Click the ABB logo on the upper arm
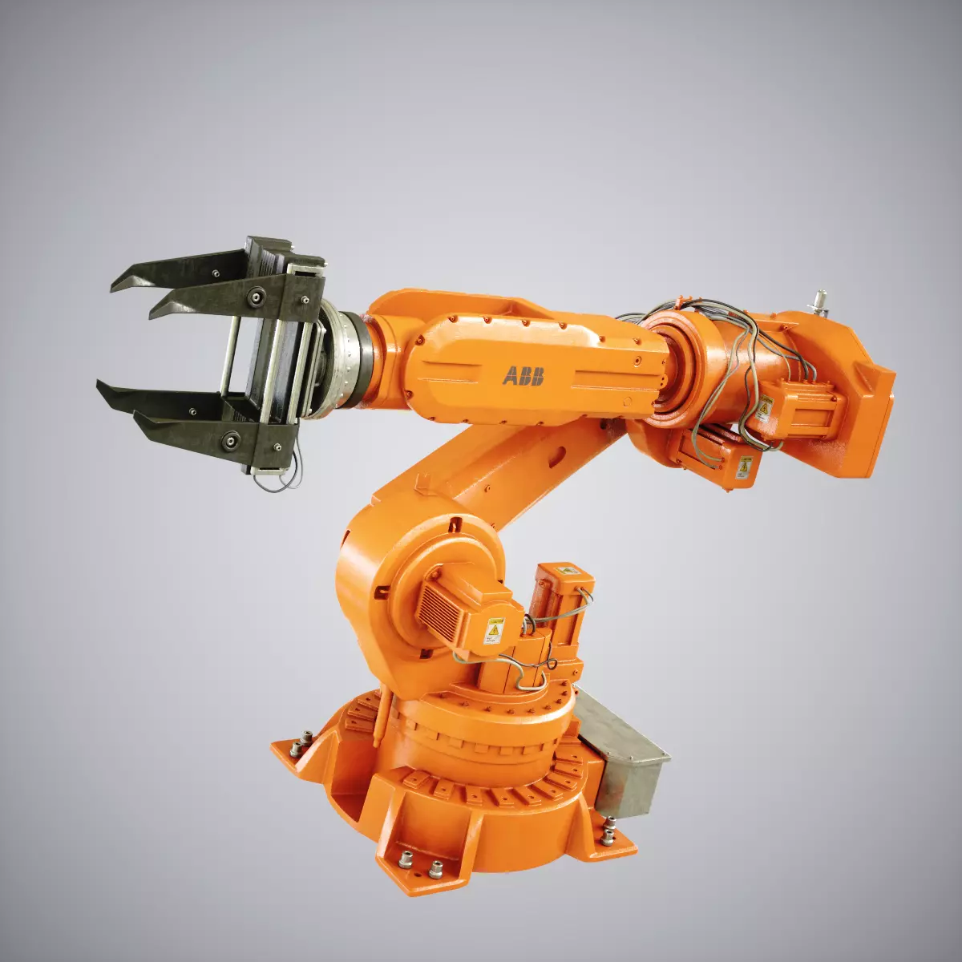pos(523,375)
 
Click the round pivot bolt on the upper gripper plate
pos(255,299)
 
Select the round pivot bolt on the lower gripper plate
pos(232,439)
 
